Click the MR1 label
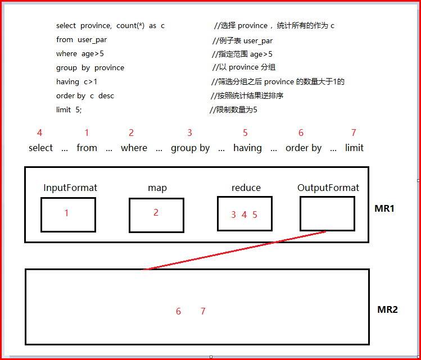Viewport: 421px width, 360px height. pos(384,208)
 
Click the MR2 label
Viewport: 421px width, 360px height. pos(387,309)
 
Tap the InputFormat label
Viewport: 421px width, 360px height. pos(70,188)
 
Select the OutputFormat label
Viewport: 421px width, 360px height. pos(328,188)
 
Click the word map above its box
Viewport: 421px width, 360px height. pos(157,188)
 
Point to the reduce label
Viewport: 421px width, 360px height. pos(246,188)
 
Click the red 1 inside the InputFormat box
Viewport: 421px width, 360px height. pos(66,213)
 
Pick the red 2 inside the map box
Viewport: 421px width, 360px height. pos(156,212)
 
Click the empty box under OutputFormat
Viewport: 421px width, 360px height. pos(327,213)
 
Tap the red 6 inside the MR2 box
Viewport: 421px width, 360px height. pos(178,311)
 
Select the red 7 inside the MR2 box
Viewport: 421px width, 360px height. pos(203,311)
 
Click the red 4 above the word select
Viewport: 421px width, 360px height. pos(39,133)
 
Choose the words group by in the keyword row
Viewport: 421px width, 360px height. pos(190,148)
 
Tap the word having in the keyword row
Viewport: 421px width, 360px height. pos(247,148)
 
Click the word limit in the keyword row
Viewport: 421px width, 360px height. pos(354,148)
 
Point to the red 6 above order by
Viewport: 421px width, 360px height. pos(301,133)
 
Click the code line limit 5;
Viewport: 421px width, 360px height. pos(69,110)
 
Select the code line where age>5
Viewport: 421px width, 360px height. pos(80,54)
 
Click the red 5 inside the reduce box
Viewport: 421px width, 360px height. pos(255,215)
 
